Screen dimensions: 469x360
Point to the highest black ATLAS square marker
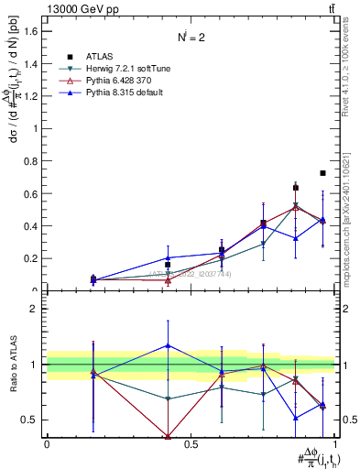322,173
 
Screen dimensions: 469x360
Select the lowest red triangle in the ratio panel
168,436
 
